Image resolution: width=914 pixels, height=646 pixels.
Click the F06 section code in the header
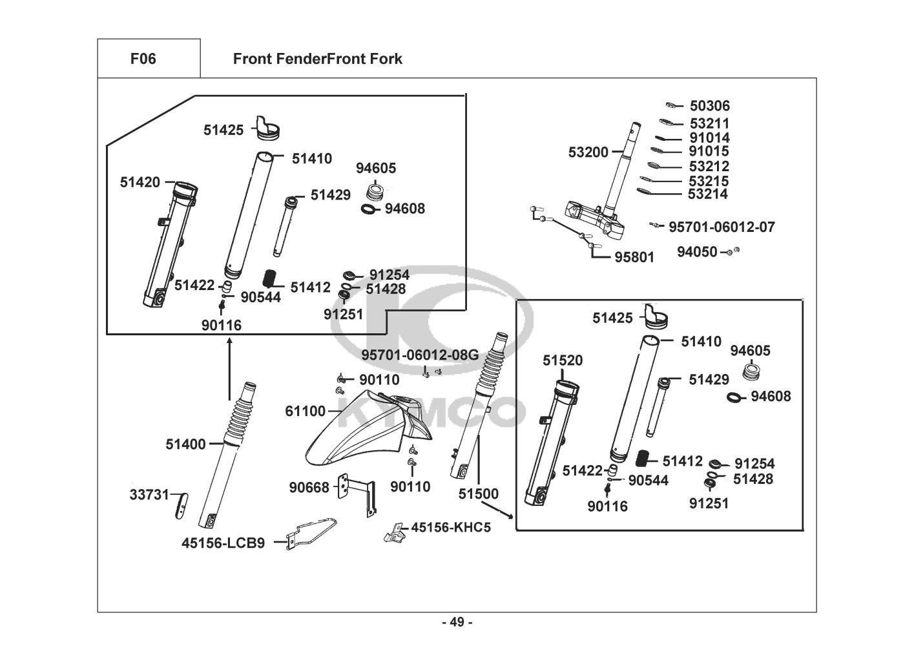click(x=143, y=59)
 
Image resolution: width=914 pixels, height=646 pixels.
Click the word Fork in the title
click(x=386, y=59)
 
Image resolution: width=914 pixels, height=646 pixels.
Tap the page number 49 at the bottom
click(x=457, y=622)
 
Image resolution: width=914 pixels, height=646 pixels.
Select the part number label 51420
click(x=140, y=183)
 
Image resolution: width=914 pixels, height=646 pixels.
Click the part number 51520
click(x=562, y=361)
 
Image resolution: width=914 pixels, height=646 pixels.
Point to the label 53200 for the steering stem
click(x=588, y=152)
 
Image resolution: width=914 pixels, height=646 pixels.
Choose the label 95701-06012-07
click(x=721, y=227)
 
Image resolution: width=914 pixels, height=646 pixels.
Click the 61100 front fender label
click(x=305, y=411)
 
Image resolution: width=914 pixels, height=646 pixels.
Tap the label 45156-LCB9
click(x=223, y=543)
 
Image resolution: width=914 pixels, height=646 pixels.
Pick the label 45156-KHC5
click(x=451, y=527)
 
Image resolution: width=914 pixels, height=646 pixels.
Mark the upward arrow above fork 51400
click(x=229, y=368)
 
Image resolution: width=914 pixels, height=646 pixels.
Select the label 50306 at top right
click(x=709, y=106)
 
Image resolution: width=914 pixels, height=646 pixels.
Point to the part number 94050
click(x=696, y=252)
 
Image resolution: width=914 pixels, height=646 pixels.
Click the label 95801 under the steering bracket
click(x=634, y=257)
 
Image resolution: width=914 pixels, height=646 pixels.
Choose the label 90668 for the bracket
click(x=309, y=488)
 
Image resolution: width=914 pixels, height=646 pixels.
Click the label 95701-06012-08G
click(x=419, y=355)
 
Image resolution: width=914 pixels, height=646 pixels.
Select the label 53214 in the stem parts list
click(x=707, y=194)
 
